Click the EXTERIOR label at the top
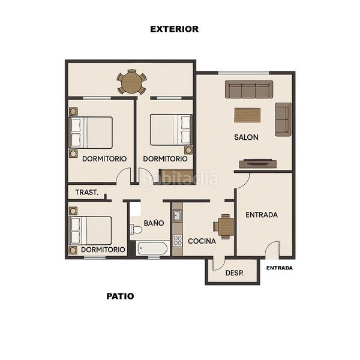click(174, 29)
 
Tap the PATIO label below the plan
click(120, 296)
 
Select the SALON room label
click(246, 137)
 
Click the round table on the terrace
click(131, 82)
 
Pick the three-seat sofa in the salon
click(249, 90)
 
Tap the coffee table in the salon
click(247, 115)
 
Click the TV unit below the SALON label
click(257, 163)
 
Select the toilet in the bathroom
click(136, 229)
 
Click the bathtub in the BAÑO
click(152, 248)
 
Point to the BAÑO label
click(154, 223)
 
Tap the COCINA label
click(202, 241)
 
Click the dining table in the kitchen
click(226, 226)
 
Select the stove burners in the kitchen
click(178, 241)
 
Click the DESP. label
click(234, 273)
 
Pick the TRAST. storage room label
click(86, 193)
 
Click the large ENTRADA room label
click(262, 214)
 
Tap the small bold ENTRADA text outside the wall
click(280, 268)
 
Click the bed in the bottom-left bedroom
click(91, 230)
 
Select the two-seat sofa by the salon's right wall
click(283, 119)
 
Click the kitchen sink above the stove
click(177, 215)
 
